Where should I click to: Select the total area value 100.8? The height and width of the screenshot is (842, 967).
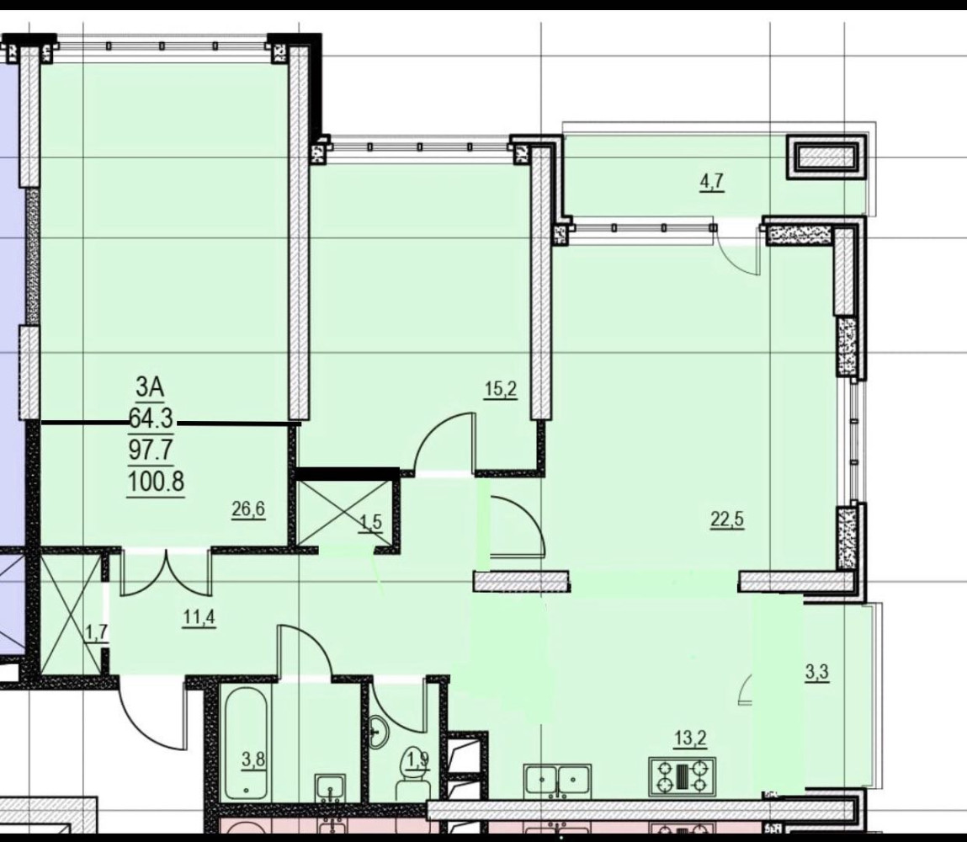[156, 482]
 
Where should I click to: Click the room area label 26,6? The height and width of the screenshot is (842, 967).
[248, 509]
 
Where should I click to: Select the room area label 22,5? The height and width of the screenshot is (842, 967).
[727, 519]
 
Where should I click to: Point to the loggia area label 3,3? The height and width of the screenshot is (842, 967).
[817, 673]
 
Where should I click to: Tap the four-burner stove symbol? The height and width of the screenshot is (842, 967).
[683, 775]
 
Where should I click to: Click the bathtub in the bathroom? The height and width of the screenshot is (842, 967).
[247, 745]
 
